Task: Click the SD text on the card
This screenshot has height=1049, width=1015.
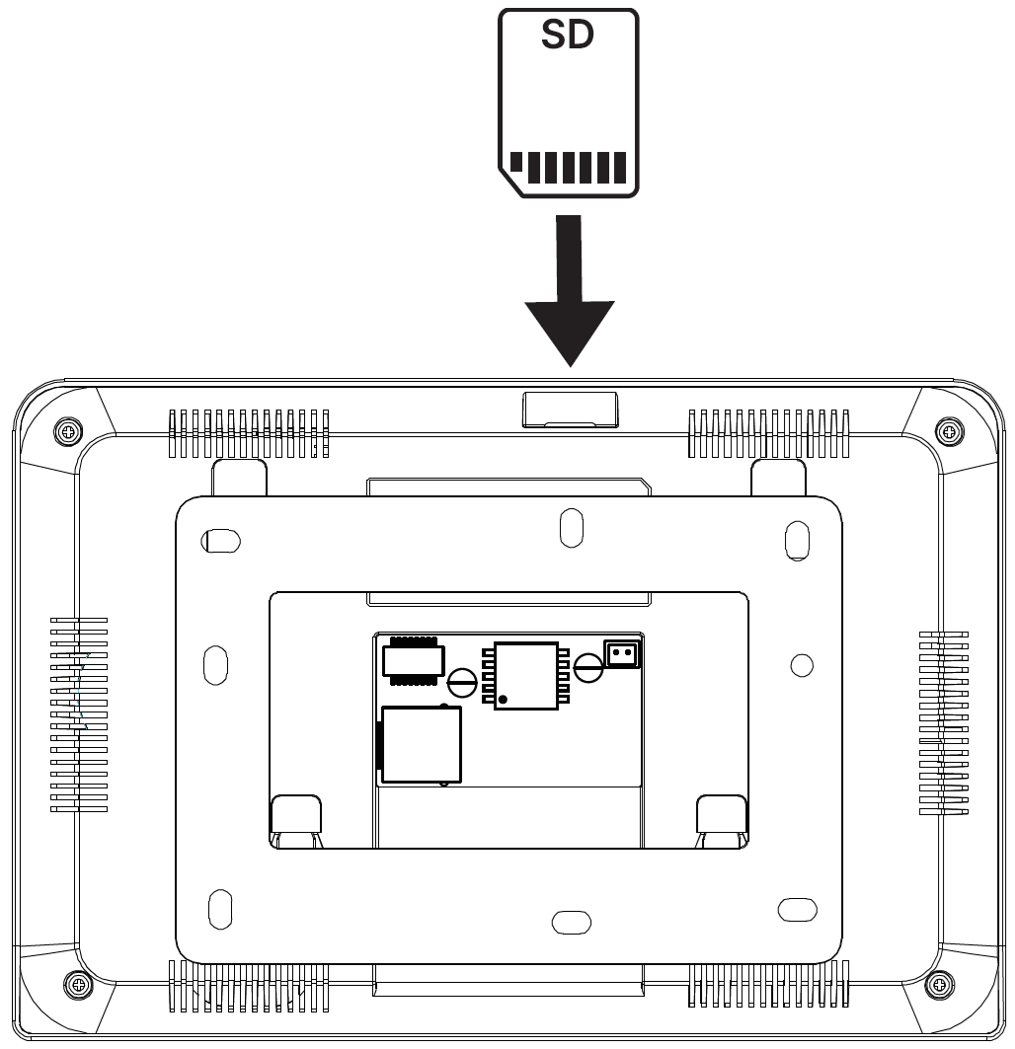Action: [x=567, y=35]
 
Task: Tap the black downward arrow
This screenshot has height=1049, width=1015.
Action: [x=570, y=290]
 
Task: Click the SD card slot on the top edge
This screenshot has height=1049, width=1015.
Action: [x=570, y=410]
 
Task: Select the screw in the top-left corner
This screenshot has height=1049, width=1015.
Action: [x=68, y=430]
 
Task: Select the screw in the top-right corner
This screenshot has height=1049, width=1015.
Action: [x=949, y=430]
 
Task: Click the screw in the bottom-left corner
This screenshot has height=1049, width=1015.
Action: [x=78, y=984]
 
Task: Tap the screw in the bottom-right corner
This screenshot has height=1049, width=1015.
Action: [x=939, y=984]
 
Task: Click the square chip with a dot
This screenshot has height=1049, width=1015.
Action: [x=526, y=676]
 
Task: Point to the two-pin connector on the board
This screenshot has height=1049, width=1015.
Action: [x=622, y=653]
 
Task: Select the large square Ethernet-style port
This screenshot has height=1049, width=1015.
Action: [x=421, y=744]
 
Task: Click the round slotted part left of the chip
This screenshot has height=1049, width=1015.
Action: [x=462, y=682]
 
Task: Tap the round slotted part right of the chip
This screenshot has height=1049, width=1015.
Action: [x=588, y=667]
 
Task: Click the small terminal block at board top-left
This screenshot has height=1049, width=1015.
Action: [x=413, y=661]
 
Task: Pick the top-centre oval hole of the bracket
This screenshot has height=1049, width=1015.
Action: [x=571, y=528]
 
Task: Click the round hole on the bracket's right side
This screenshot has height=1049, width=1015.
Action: [x=802, y=665]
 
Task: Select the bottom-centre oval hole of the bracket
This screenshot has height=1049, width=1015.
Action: [x=571, y=922]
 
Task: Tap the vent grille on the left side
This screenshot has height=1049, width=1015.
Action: [x=79, y=714]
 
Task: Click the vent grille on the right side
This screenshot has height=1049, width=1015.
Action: [x=943, y=722]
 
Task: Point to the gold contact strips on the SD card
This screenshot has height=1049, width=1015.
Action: [x=568, y=167]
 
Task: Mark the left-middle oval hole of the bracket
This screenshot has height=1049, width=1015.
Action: [x=215, y=665]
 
